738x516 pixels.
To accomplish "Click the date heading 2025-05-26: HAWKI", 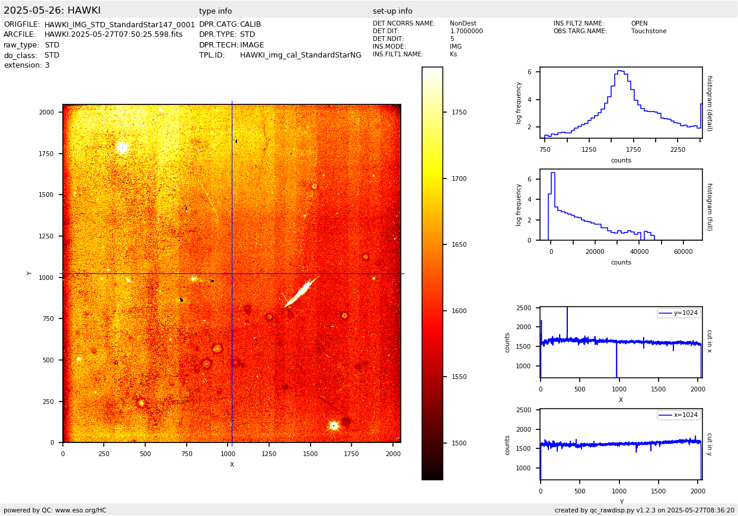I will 52,11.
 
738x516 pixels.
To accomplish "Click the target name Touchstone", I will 648,31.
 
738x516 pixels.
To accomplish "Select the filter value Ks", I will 453,55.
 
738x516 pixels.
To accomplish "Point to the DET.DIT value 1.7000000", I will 467,31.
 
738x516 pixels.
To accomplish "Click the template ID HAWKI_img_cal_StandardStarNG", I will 301,55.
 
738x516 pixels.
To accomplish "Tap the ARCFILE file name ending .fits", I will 113,34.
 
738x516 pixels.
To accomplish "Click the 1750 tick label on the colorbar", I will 459,112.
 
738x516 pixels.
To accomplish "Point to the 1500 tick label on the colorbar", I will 459,443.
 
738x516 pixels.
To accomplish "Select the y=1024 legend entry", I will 679,313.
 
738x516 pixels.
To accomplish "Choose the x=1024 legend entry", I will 679,415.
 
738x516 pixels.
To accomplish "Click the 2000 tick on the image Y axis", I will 47,112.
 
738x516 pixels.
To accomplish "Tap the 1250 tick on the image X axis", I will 269,454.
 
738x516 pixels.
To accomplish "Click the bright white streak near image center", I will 302,291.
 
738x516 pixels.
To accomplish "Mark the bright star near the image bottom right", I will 333,425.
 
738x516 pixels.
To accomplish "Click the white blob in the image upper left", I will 123,147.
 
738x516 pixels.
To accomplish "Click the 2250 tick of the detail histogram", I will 678,150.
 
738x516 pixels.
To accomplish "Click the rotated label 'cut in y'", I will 709,444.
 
